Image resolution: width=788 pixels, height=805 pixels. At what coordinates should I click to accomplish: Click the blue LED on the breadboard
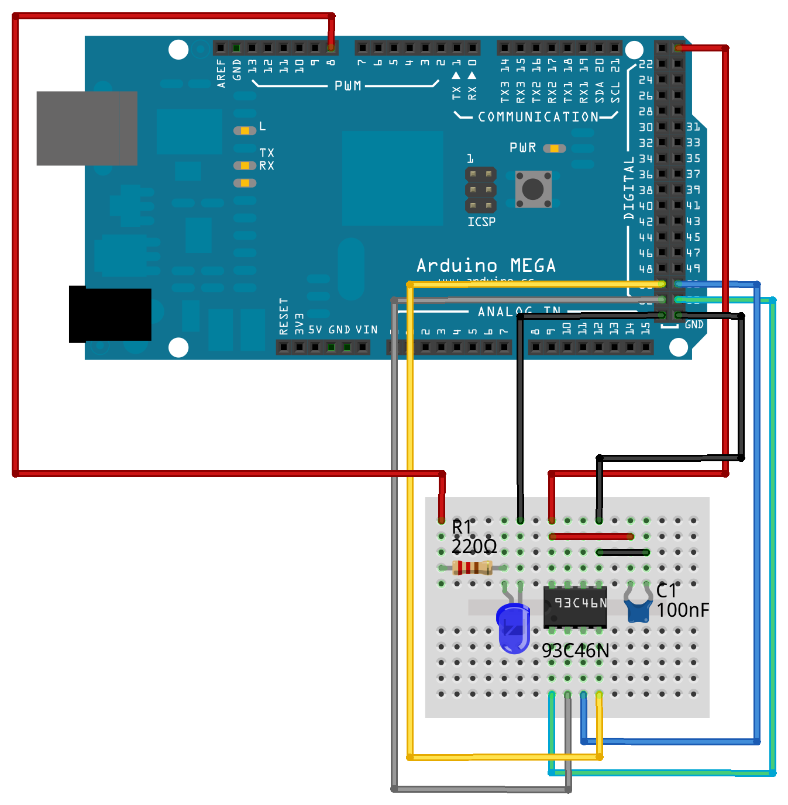click(514, 628)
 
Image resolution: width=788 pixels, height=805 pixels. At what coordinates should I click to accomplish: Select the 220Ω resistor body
click(473, 568)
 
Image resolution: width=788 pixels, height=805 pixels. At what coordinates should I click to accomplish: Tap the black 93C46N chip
click(575, 606)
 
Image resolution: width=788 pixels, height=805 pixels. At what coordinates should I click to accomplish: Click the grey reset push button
click(533, 189)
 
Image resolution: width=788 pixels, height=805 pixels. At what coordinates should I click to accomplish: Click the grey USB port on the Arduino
click(87, 128)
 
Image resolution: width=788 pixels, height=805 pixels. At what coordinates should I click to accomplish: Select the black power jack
click(110, 314)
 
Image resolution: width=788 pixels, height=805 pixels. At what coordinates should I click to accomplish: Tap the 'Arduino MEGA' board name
click(486, 266)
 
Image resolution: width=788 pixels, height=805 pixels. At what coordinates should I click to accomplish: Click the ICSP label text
click(481, 222)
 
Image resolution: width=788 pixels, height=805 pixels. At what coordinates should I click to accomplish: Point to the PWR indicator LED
click(554, 148)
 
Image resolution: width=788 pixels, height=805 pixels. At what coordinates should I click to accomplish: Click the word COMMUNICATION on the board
click(538, 117)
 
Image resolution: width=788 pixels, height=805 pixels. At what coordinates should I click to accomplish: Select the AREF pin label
click(221, 73)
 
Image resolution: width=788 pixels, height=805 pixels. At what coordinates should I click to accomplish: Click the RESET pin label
click(284, 316)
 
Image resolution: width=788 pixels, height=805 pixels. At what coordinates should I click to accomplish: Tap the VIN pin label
click(367, 330)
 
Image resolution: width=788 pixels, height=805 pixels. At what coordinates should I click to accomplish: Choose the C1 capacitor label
click(666, 591)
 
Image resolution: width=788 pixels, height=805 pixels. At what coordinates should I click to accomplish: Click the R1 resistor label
click(462, 527)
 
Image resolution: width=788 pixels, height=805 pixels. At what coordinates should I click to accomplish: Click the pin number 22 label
click(645, 64)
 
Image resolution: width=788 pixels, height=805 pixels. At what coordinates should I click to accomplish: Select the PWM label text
click(347, 86)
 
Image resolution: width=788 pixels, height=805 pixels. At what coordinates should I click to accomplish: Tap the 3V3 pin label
click(299, 324)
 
